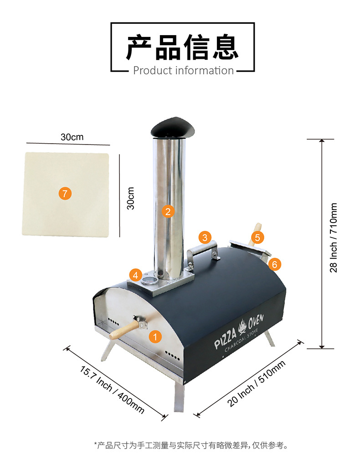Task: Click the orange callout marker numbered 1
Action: [x=155, y=337]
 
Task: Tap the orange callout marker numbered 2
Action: [x=168, y=211]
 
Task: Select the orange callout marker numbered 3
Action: [x=205, y=237]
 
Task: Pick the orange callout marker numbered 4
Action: [x=135, y=275]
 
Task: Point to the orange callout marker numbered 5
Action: [x=257, y=237]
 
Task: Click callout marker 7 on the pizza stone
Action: [x=65, y=193]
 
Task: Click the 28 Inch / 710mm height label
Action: [x=334, y=238]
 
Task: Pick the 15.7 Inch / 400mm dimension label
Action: [x=112, y=389]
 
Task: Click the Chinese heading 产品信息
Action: [x=182, y=47]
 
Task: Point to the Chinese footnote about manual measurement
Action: [x=191, y=445]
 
